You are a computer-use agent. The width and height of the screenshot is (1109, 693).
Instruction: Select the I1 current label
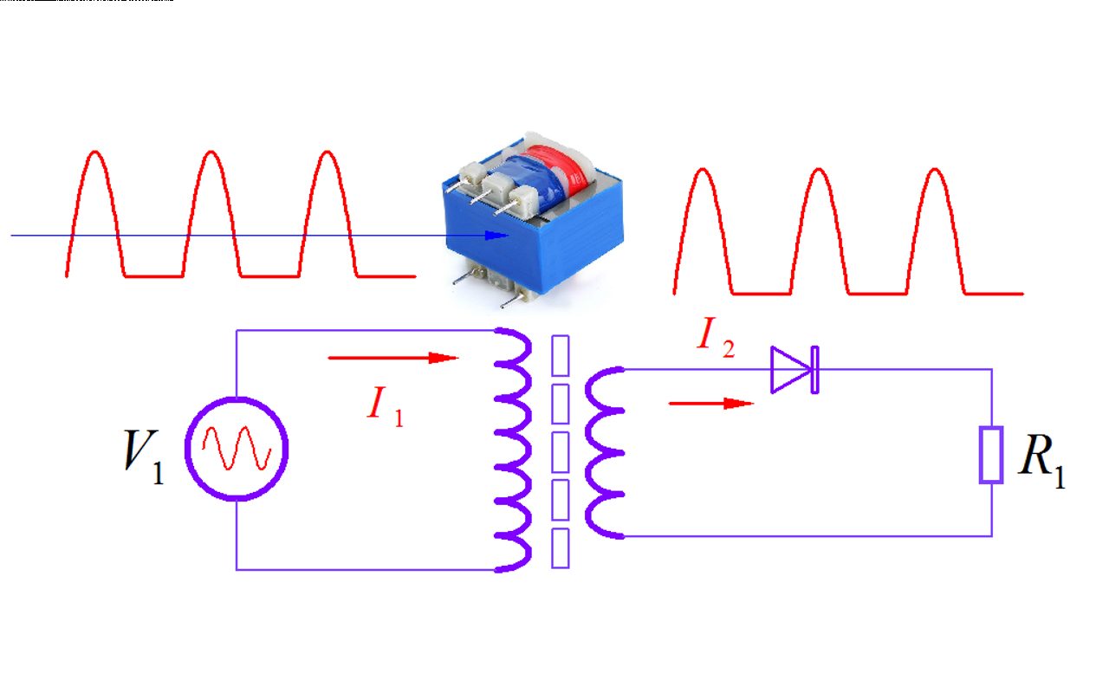(385, 405)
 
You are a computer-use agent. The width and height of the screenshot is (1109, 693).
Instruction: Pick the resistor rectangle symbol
(991, 454)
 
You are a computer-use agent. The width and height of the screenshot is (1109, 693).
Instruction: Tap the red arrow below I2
(711, 403)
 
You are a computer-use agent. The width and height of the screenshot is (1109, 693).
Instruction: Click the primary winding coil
(514, 450)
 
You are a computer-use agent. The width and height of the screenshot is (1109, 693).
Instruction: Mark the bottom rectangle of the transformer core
(561, 547)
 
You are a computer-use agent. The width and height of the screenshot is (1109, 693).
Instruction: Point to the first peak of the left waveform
(95, 154)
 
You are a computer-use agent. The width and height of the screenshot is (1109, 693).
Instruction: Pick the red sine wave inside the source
(237, 449)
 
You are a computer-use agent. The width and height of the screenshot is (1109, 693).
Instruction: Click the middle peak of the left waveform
(211, 154)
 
